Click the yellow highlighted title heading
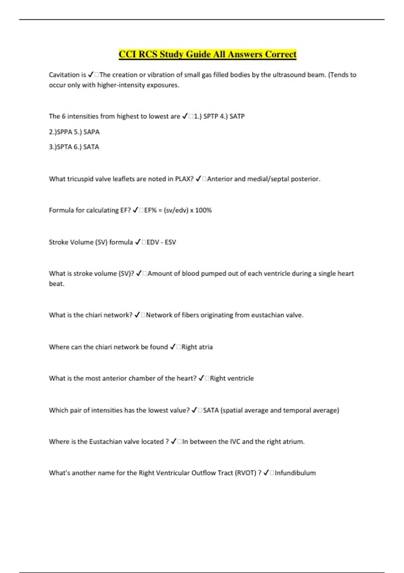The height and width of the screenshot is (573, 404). point(207,54)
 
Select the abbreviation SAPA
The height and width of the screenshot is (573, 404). point(91,132)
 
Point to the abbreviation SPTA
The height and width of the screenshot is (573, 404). point(64,147)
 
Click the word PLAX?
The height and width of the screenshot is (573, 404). point(184,179)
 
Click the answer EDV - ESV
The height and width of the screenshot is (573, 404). point(161,242)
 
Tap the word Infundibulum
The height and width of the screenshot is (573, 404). point(295,473)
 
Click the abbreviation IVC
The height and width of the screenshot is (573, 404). point(235,442)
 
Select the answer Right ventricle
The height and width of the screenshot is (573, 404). point(232,379)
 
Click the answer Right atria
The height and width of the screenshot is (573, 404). point(197,347)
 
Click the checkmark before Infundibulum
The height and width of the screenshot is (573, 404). point(266,473)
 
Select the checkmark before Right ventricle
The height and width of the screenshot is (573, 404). point(201,379)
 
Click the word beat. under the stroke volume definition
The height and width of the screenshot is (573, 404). point(57,284)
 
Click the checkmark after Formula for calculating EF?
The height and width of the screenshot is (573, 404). point(136,210)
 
